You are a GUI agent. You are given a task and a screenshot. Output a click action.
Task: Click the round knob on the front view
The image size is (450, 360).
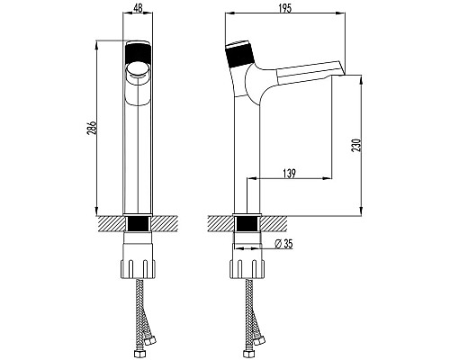(139, 67)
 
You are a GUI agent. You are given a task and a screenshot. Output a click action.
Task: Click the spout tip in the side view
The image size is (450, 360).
(335, 77)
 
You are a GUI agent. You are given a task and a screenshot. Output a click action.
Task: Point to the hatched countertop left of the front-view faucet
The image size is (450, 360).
(111, 222)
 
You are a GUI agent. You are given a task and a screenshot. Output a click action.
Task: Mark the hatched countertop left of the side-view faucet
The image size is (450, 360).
(220, 222)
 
